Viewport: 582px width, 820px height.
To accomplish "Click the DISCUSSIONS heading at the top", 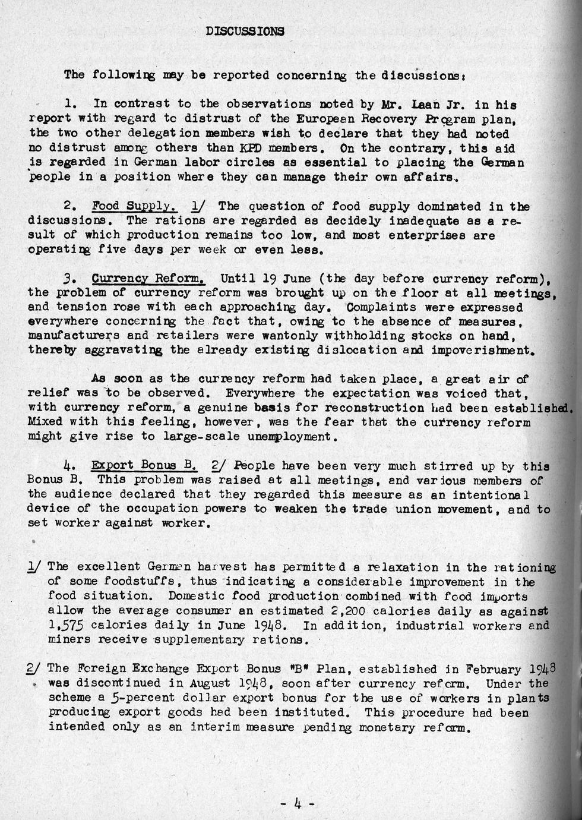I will (245, 31).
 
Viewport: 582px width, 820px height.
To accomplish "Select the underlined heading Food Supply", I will (134, 206).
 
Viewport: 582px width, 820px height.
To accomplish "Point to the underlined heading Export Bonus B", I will (144, 465).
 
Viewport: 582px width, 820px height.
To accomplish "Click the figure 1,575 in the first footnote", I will (66, 625).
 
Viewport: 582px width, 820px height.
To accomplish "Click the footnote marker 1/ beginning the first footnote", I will (34, 567).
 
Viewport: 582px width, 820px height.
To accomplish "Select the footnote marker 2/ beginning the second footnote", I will (34, 669).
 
